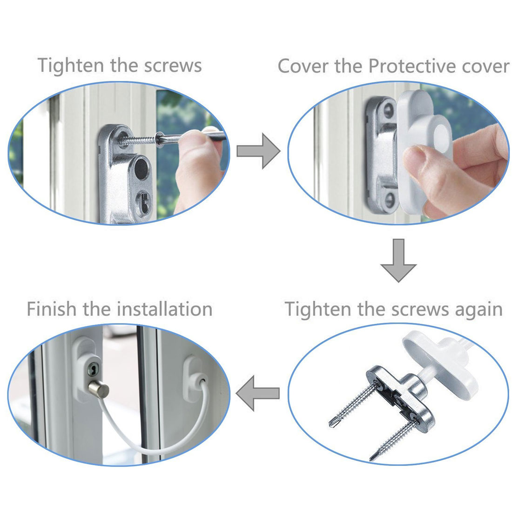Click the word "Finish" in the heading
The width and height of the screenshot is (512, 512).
(x=52, y=309)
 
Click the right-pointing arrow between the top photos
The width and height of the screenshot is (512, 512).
(x=258, y=151)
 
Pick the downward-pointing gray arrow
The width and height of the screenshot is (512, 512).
(x=398, y=260)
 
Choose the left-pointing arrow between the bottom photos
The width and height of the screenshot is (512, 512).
(x=258, y=393)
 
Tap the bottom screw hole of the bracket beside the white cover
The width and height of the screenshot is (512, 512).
(x=390, y=200)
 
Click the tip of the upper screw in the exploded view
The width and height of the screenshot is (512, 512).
(x=331, y=425)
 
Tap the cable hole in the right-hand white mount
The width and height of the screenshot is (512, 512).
(x=203, y=381)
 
